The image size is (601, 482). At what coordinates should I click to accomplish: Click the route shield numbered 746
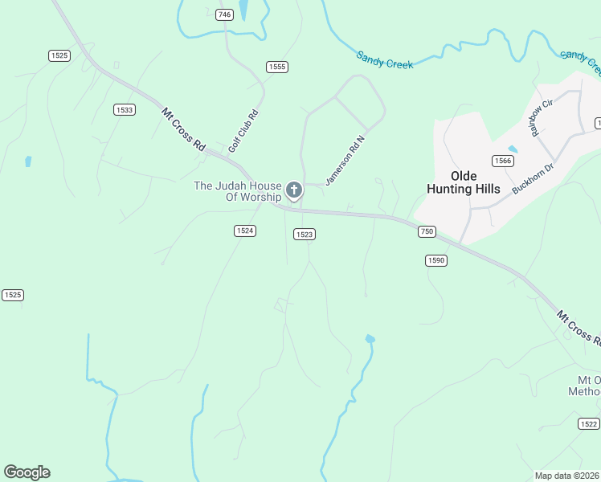(225, 15)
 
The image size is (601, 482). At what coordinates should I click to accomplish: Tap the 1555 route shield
(277, 67)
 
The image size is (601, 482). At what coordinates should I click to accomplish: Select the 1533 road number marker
(124, 110)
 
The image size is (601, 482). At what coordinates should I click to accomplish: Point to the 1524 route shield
(245, 231)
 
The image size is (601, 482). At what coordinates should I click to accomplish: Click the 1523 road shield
(304, 235)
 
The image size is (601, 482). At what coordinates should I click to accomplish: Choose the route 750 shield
(426, 231)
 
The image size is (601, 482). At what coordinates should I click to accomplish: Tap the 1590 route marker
(435, 260)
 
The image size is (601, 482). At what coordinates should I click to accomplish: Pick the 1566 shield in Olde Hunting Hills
(503, 161)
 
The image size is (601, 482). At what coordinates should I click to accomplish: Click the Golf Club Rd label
(243, 131)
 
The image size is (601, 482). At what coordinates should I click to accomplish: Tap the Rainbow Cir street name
(542, 117)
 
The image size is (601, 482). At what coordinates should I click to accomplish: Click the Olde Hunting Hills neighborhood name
(464, 182)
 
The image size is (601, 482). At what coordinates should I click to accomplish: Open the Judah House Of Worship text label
(238, 191)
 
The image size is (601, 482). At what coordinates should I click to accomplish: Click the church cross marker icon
(294, 190)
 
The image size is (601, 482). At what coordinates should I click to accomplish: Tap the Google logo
(27, 472)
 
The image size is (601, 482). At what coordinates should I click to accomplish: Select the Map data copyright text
(566, 476)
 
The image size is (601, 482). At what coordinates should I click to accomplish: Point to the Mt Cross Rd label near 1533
(183, 129)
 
